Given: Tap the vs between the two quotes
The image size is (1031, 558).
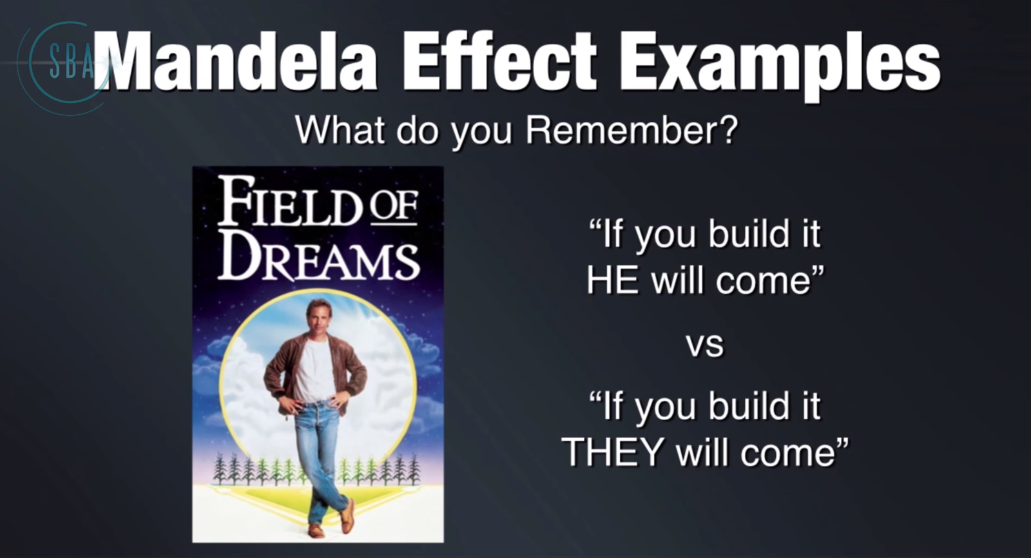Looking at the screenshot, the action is pos(705,345).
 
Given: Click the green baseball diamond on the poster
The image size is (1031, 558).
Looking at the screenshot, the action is pos(318,498).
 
